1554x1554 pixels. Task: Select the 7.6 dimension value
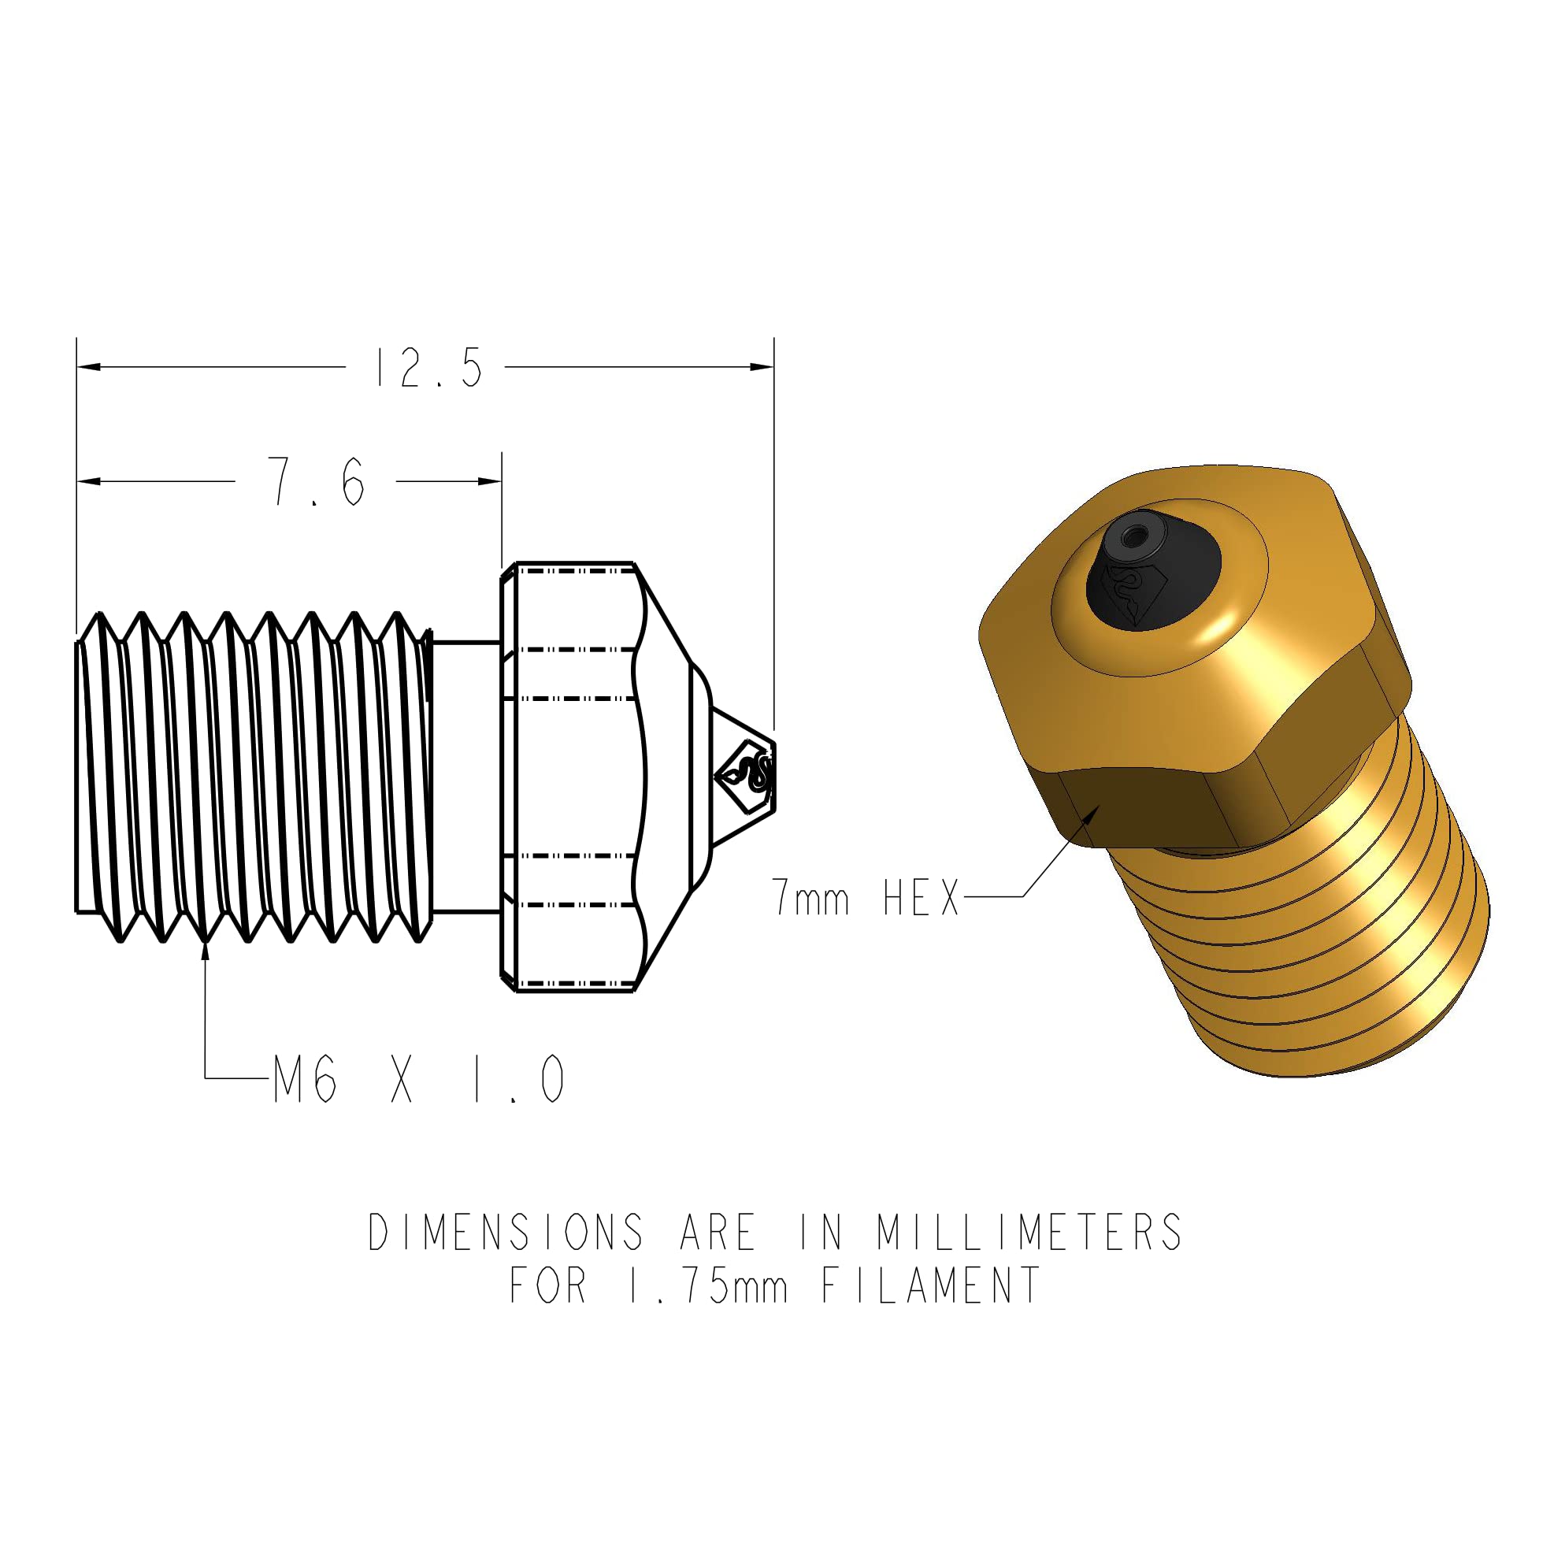click(317, 482)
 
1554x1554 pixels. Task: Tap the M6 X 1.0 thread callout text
click(419, 1079)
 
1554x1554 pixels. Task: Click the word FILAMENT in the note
click(931, 1285)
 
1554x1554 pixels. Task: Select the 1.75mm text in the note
click(707, 1285)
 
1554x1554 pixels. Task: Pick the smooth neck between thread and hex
click(466, 776)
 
